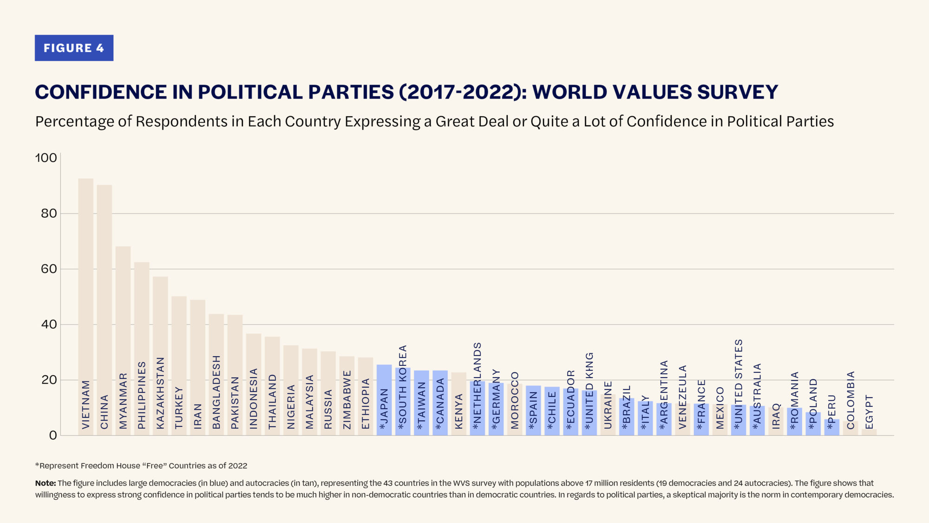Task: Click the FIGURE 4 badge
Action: point(74,48)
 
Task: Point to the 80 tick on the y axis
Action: point(49,213)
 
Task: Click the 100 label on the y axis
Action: point(46,158)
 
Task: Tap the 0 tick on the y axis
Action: point(53,436)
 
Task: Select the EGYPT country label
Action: point(869,412)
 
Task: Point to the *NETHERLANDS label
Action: point(477,386)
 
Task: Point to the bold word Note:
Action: point(45,483)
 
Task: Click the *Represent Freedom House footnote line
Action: point(141,466)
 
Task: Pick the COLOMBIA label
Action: point(850,400)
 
